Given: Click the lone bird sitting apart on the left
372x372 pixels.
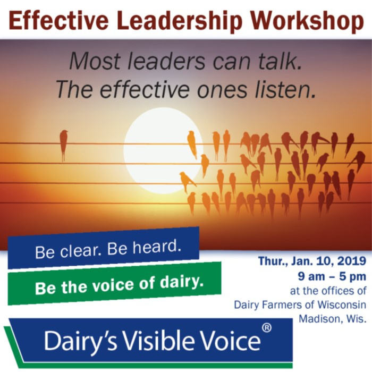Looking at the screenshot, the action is point(64,145).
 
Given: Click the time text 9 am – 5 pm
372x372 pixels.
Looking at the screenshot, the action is point(332,277).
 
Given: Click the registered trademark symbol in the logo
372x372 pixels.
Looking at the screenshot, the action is point(267,328).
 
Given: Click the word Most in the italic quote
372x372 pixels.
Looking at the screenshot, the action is point(95,61).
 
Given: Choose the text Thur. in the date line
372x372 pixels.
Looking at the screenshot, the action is point(273,261).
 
